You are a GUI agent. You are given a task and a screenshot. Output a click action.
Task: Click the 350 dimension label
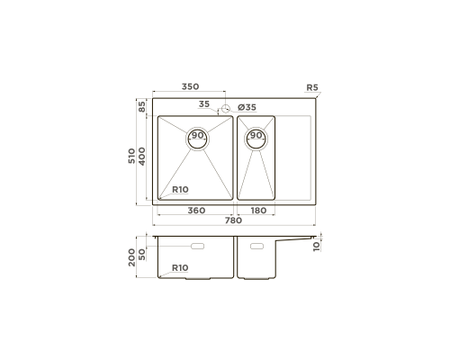190,86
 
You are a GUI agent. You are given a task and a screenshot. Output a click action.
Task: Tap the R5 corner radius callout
312,87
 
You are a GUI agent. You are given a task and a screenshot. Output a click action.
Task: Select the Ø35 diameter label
247,107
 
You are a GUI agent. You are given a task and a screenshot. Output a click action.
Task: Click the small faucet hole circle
225,109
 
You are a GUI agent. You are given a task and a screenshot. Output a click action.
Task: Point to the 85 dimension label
141,106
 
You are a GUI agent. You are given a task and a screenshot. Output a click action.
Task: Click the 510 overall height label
131,156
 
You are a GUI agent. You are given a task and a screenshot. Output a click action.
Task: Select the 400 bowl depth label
141,157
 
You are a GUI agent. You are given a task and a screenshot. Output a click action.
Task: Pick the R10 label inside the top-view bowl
180,190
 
